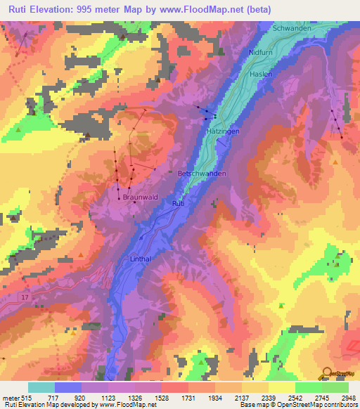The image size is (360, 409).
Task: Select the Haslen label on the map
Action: click(x=260, y=74)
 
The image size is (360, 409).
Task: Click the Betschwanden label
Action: click(x=202, y=172)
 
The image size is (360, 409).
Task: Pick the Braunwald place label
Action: click(x=136, y=198)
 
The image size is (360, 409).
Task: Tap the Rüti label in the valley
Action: click(x=178, y=204)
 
